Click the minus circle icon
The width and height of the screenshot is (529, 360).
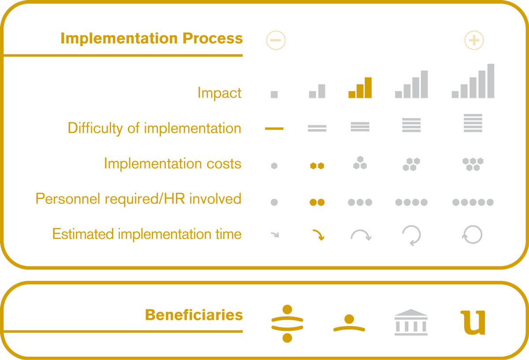click(276, 40)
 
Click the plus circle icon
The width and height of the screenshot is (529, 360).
click(474, 40)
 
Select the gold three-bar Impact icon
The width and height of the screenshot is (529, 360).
click(360, 87)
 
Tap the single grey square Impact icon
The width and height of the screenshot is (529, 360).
click(274, 94)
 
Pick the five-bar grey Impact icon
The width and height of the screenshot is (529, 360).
click(473, 81)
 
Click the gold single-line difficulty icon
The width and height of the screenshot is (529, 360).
click(274, 128)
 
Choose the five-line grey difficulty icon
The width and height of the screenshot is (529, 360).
click(473, 123)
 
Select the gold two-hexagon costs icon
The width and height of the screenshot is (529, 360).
click(317, 166)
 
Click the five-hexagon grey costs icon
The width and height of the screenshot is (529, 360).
click(473, 164)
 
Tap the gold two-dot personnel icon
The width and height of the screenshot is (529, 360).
click(317, 202)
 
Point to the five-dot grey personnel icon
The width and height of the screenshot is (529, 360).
click(473, 202)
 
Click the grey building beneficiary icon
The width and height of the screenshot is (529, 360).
click(411, 322)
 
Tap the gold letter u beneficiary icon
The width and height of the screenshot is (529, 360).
click(473, 322)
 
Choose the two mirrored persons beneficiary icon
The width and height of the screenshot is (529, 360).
click(287, 323)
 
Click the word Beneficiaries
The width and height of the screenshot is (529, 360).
click(194, 315)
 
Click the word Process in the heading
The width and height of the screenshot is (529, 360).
click(212, 38)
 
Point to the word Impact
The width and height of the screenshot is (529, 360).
click(220, 93)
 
